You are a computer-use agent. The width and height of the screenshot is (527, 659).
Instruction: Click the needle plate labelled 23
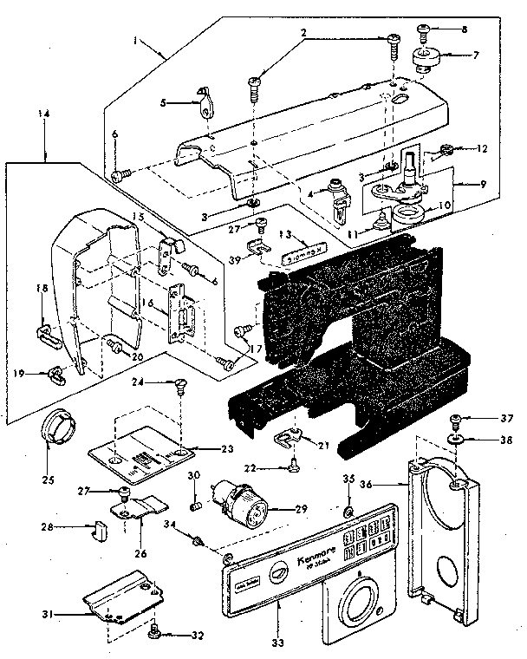(x=142, y=456)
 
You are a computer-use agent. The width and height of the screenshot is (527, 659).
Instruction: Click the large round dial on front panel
(x=358, y=603)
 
